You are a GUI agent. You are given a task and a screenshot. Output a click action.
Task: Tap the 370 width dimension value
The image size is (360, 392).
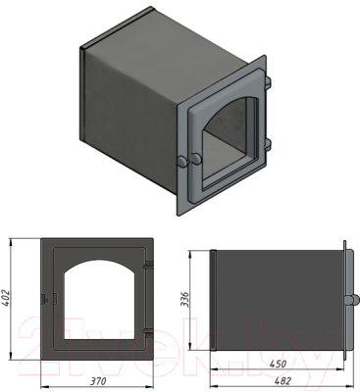point(97,381)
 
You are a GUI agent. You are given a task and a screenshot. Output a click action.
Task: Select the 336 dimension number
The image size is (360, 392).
point(185,300)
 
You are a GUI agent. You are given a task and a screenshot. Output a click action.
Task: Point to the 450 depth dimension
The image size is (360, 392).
point(278,364)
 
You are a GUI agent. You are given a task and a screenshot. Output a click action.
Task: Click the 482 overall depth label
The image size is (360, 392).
point(283,381)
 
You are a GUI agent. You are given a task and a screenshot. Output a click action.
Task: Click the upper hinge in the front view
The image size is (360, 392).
point(149,264)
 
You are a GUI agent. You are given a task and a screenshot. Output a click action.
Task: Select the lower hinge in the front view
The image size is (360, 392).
point(149,333)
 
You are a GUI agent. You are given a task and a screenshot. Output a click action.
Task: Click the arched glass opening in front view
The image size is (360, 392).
point(100,300)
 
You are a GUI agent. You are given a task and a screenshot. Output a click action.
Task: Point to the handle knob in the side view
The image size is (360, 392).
point(351,300)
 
